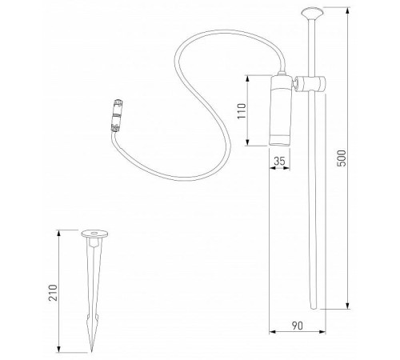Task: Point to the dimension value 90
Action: point(296,326)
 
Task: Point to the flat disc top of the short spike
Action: point(96,235)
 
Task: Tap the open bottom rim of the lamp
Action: point(281,144)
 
